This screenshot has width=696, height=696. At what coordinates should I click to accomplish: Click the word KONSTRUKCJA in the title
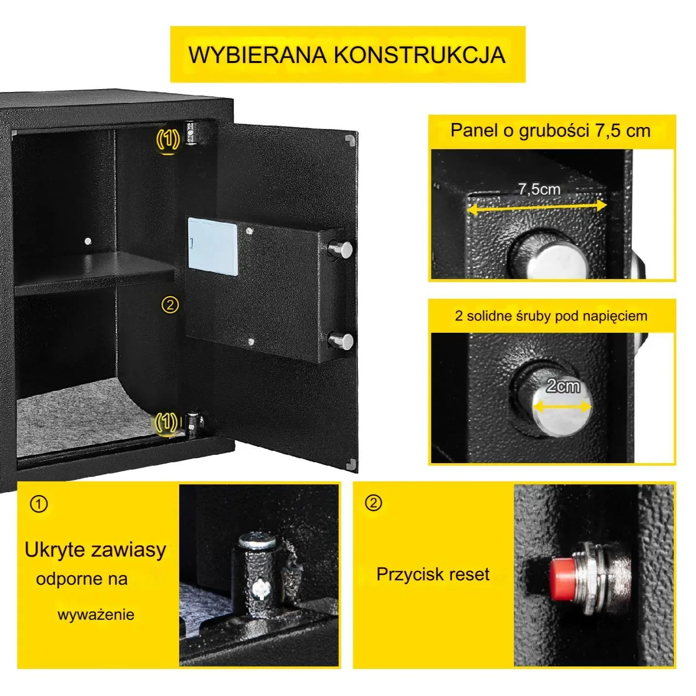point(419,55)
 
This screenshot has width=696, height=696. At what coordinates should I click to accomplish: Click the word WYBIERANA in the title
point(257,55)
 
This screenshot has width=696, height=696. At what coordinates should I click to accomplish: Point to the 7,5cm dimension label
point(539,189)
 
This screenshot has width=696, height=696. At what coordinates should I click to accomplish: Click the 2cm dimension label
point(563,386)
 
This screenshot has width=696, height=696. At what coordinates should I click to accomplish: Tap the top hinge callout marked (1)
point(168,139)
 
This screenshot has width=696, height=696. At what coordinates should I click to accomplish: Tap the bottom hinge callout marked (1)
point(166,422)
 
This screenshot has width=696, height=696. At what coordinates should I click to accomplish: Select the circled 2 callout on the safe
point(170,305)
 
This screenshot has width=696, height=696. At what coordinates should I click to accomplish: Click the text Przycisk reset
point(433,574)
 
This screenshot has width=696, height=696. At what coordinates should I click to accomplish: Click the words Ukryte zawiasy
point(95,550)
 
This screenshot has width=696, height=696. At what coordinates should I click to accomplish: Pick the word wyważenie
point(95,615)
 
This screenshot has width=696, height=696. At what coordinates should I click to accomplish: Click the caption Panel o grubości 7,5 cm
point(550,130)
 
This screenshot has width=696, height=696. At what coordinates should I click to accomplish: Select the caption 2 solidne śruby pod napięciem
point(551,316)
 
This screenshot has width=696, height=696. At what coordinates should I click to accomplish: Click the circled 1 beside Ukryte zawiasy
point(39,504)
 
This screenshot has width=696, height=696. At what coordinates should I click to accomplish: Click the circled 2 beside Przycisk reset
point(374,503)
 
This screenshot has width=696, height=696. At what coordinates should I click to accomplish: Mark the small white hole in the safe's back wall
point(88,241)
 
